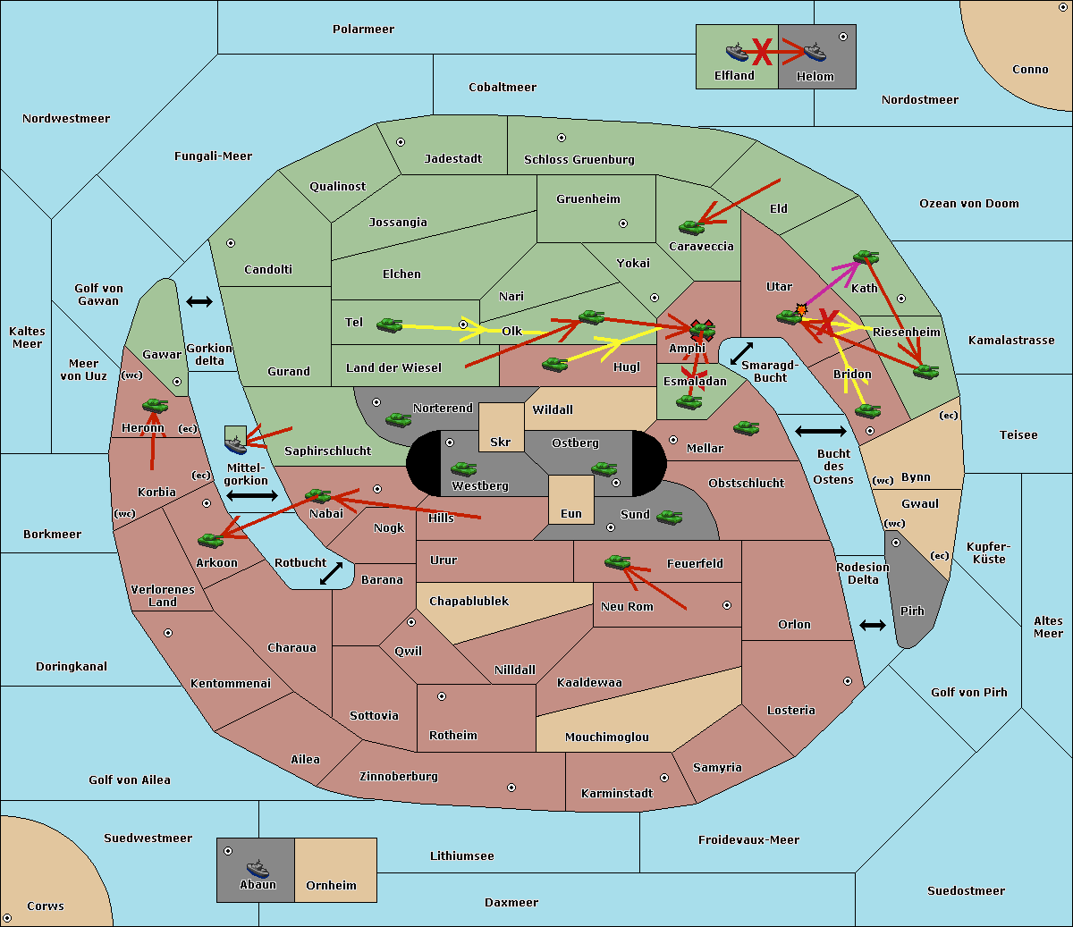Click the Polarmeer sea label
(x=363, y=29)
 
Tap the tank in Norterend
(x=398, y=419)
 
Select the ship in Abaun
(x=258, y=868)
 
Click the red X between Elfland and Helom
(x=762, y=52)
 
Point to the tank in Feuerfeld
(x=617, y=561)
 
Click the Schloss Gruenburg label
(x=579, y=159)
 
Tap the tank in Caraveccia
(x=691, y=227)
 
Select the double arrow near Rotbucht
(x=331, y=573)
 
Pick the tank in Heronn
(x=156, y=405)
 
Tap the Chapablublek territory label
(x=469, y=601)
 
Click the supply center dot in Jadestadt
(x=401, y=142)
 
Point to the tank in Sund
(x=669, y=517)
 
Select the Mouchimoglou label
(x=606, y=737)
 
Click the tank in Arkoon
(x=211, y=540)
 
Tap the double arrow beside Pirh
(x=873, y=626)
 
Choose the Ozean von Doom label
(x=968, y=204)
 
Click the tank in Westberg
(x=463, y=468)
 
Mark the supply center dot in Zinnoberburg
(x=511, y=788)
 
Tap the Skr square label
(x=501, y=442)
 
